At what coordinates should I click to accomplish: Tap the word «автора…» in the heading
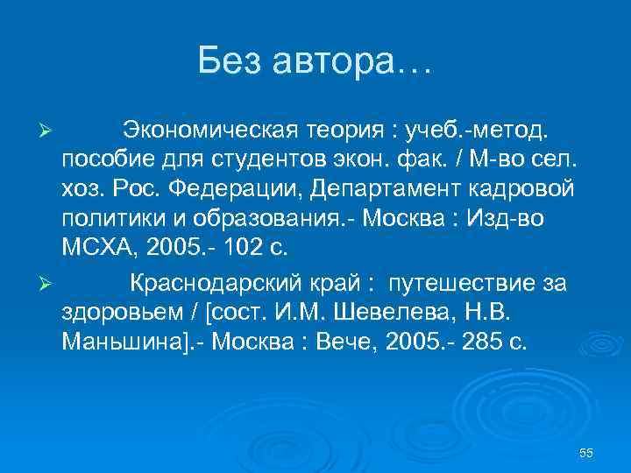[x=361, y=61]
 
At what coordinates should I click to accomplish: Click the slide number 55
[x=586, y=452]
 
